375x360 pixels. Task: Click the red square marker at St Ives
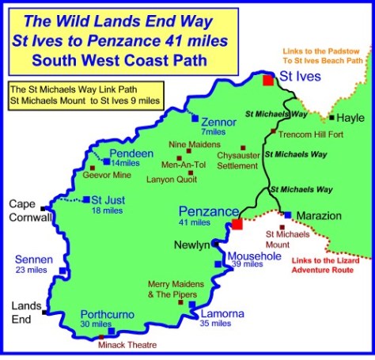tap(268, 79)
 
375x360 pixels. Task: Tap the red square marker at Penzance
tap(236, 225)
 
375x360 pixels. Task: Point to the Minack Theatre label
tap(127, 345)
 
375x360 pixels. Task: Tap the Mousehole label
tap(251, 256)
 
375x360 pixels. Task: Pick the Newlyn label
tap(192, 244)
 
